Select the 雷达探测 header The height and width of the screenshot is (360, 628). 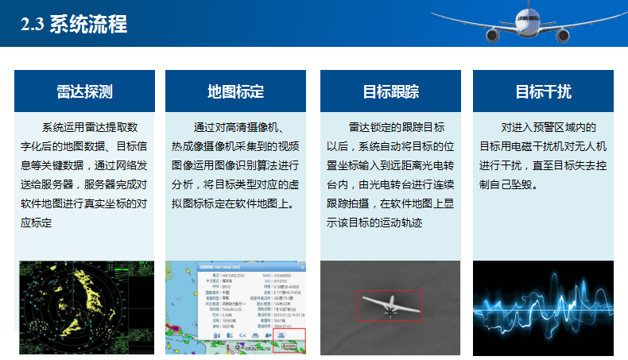pos(84,91)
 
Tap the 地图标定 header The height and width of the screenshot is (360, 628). pos(235,91)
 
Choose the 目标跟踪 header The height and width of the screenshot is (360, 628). pos(390,91)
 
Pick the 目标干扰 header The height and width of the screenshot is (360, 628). pos(543,91)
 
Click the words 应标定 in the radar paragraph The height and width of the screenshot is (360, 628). pos(37,223)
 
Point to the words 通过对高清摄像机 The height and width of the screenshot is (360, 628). pos(239,127)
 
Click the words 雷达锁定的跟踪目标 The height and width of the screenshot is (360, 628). pos(396,127)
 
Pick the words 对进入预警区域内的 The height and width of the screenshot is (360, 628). pos(549,127)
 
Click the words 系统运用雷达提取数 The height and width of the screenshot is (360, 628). pos(90,127)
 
